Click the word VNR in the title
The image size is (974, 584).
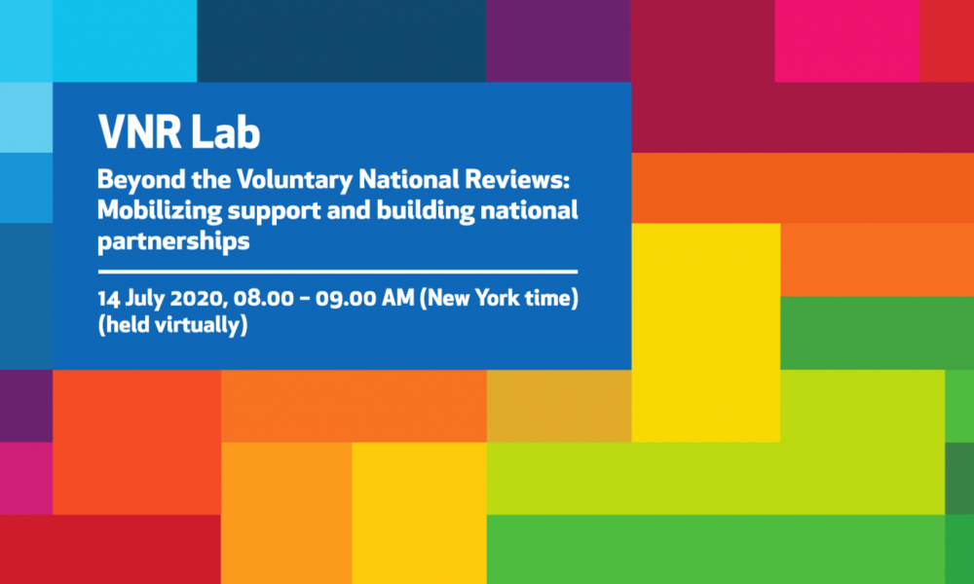pos(139,131)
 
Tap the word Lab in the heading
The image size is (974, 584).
pos(226,131)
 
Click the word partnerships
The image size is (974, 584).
pos(173,241)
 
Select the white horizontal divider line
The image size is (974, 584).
pos(338,272)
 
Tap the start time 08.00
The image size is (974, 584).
pos(263,299)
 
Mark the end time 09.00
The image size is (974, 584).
pos(345,299)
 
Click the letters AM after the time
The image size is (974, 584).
pos(397,299)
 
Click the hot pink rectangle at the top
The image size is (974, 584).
pos(846,41)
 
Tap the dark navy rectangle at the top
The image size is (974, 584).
pos(342,41)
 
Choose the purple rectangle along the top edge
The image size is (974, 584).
pos(558,41)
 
